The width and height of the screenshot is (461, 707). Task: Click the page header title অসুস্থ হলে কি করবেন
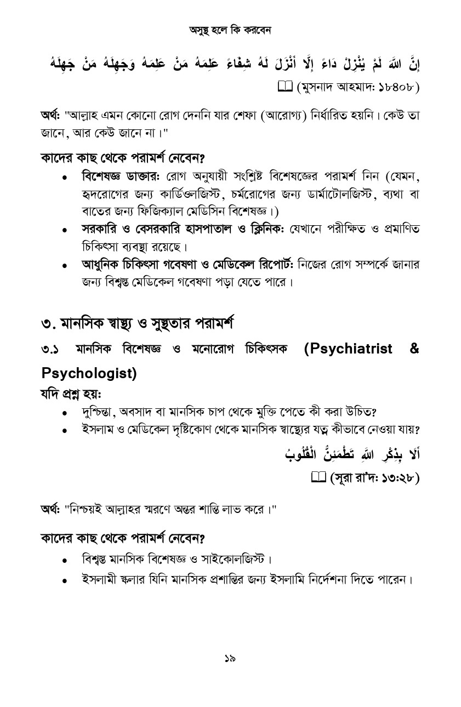click(x=230, y=30)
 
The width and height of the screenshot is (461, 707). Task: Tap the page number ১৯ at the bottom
click(x=230, y=658)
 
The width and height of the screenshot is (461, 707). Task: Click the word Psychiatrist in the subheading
click(x=348, y=349)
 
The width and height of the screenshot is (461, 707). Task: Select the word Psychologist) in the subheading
click(x=89, y=373)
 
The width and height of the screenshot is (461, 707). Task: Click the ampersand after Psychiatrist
click(x=414, y=349)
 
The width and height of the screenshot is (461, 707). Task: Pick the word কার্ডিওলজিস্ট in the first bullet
click(x=191, y=194)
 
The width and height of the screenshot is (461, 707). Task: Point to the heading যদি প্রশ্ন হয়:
click(x=71, y=394)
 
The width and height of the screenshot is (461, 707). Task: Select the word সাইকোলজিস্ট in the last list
click(x=233, y=560)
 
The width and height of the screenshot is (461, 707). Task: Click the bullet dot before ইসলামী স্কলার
click(x=65, y=580)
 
